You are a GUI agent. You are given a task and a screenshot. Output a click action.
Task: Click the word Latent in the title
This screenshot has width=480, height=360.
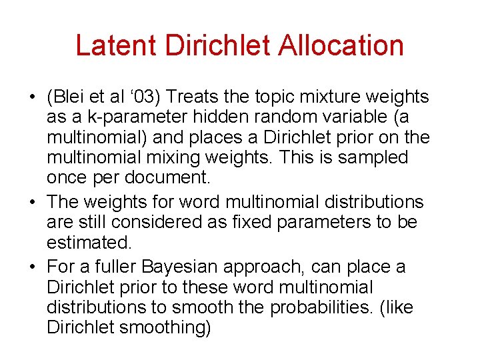pyautogui.click(x=116, y=46)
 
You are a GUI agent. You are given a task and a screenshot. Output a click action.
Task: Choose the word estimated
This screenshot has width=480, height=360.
pyautogui.click(x=87, y=241)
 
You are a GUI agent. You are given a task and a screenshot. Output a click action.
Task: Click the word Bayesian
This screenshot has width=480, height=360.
pyautogui.click(x=187, y=267)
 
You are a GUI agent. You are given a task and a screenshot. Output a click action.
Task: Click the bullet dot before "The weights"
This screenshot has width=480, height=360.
pyautogui.click(x=32, y=202)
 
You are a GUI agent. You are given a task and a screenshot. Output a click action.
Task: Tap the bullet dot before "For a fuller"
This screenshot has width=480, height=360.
pyautogui.click(x=32, y=267)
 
